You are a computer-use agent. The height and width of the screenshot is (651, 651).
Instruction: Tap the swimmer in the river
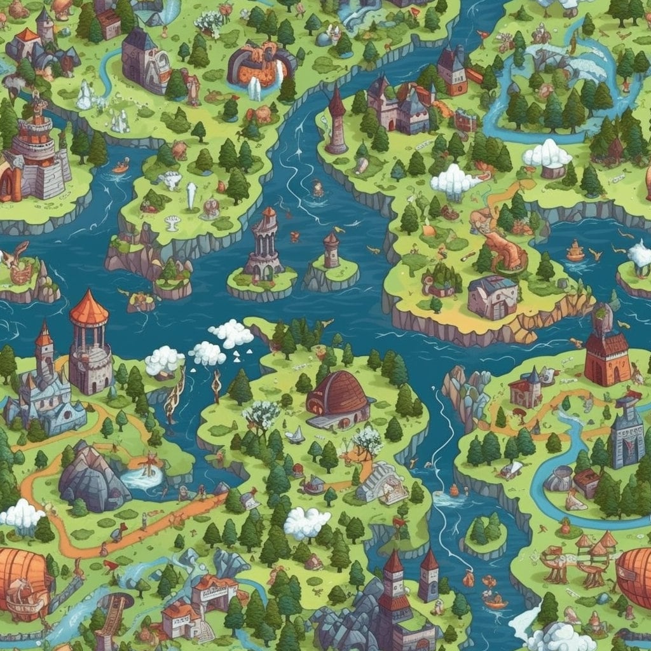317,188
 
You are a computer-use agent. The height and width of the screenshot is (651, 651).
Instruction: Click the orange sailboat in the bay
575,251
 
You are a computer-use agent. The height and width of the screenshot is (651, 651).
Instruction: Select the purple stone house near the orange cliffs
492,297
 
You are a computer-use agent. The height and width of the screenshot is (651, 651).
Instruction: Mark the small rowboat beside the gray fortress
120,168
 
